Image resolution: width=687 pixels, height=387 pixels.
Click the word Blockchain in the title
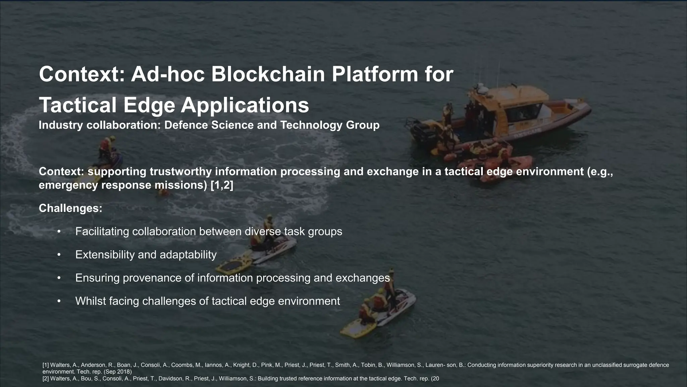pos(268,74)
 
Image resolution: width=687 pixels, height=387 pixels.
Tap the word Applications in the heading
pos(245,105)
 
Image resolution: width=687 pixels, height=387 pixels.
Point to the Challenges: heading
pos(70,208)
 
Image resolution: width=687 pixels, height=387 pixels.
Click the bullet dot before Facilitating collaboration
pos(59,232)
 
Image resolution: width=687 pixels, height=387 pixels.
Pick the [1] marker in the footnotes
pos(46,365)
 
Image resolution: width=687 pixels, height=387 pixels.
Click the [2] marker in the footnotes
pos(46,379)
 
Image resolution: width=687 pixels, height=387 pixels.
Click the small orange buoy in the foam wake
pos(164,192)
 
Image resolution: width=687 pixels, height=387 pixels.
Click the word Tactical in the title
pos(78,105)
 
